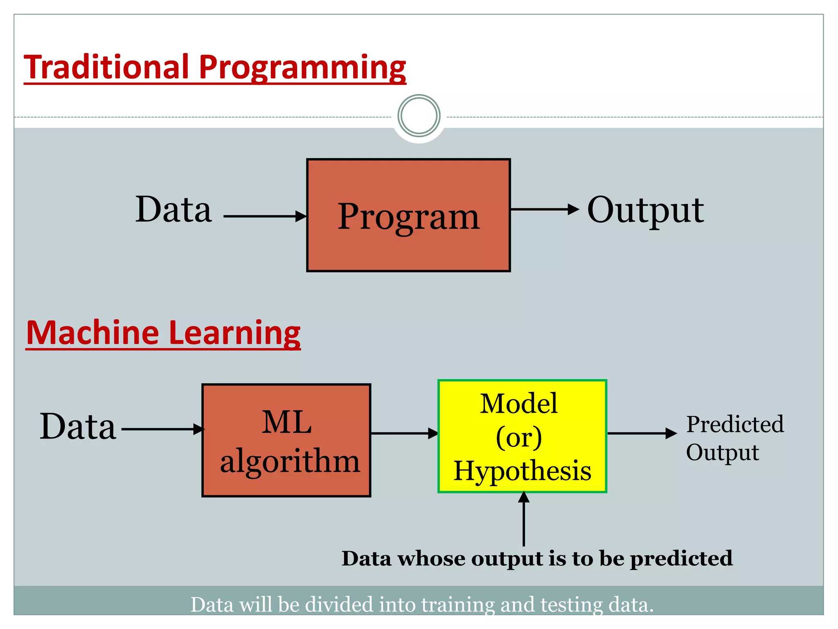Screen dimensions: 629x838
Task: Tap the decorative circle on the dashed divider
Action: pos(419,116)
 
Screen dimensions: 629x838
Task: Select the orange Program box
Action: pos(408,246)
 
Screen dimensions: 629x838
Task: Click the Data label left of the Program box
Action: pos(173,210)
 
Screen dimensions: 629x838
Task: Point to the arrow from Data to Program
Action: pos(264,216)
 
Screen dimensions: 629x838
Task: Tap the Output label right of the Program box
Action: pos(645,211)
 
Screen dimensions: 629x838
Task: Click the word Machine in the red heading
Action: pos(92,333)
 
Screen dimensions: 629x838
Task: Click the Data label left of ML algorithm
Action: pos(78,427)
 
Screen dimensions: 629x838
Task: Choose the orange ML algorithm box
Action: pos(286,483)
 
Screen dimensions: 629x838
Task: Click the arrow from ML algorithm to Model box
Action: pos(403,433)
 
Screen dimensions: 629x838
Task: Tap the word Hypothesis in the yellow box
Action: pos(522,471)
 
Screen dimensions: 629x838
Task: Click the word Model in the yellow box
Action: pos(518,404)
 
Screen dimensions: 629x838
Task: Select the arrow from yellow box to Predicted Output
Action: pos(641,433)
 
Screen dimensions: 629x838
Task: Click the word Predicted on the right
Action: pos(735,425)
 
